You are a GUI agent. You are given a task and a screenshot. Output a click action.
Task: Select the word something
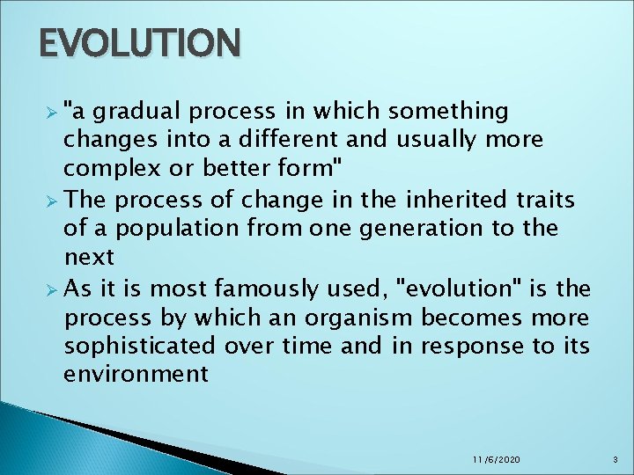point(447,112)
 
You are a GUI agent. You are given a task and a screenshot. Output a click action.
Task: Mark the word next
point(89,257)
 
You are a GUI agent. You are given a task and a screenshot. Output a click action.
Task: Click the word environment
point(136,374)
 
